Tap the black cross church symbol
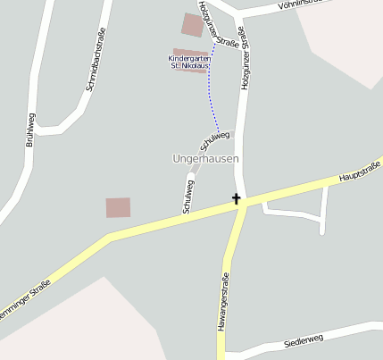click(x=237, y=198)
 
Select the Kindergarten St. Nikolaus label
click(x=188, y=62)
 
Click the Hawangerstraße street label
click(x=223, y=303)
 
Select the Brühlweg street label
click(x=29, y=129)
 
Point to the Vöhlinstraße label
click(x=304, y=4)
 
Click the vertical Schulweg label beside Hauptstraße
click(x=188, y=196)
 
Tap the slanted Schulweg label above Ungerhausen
click(x=214, y=140)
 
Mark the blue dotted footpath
click(x=212, y=89)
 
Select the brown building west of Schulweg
click(x=118, y=207)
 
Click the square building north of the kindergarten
click(x=192, y=24)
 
